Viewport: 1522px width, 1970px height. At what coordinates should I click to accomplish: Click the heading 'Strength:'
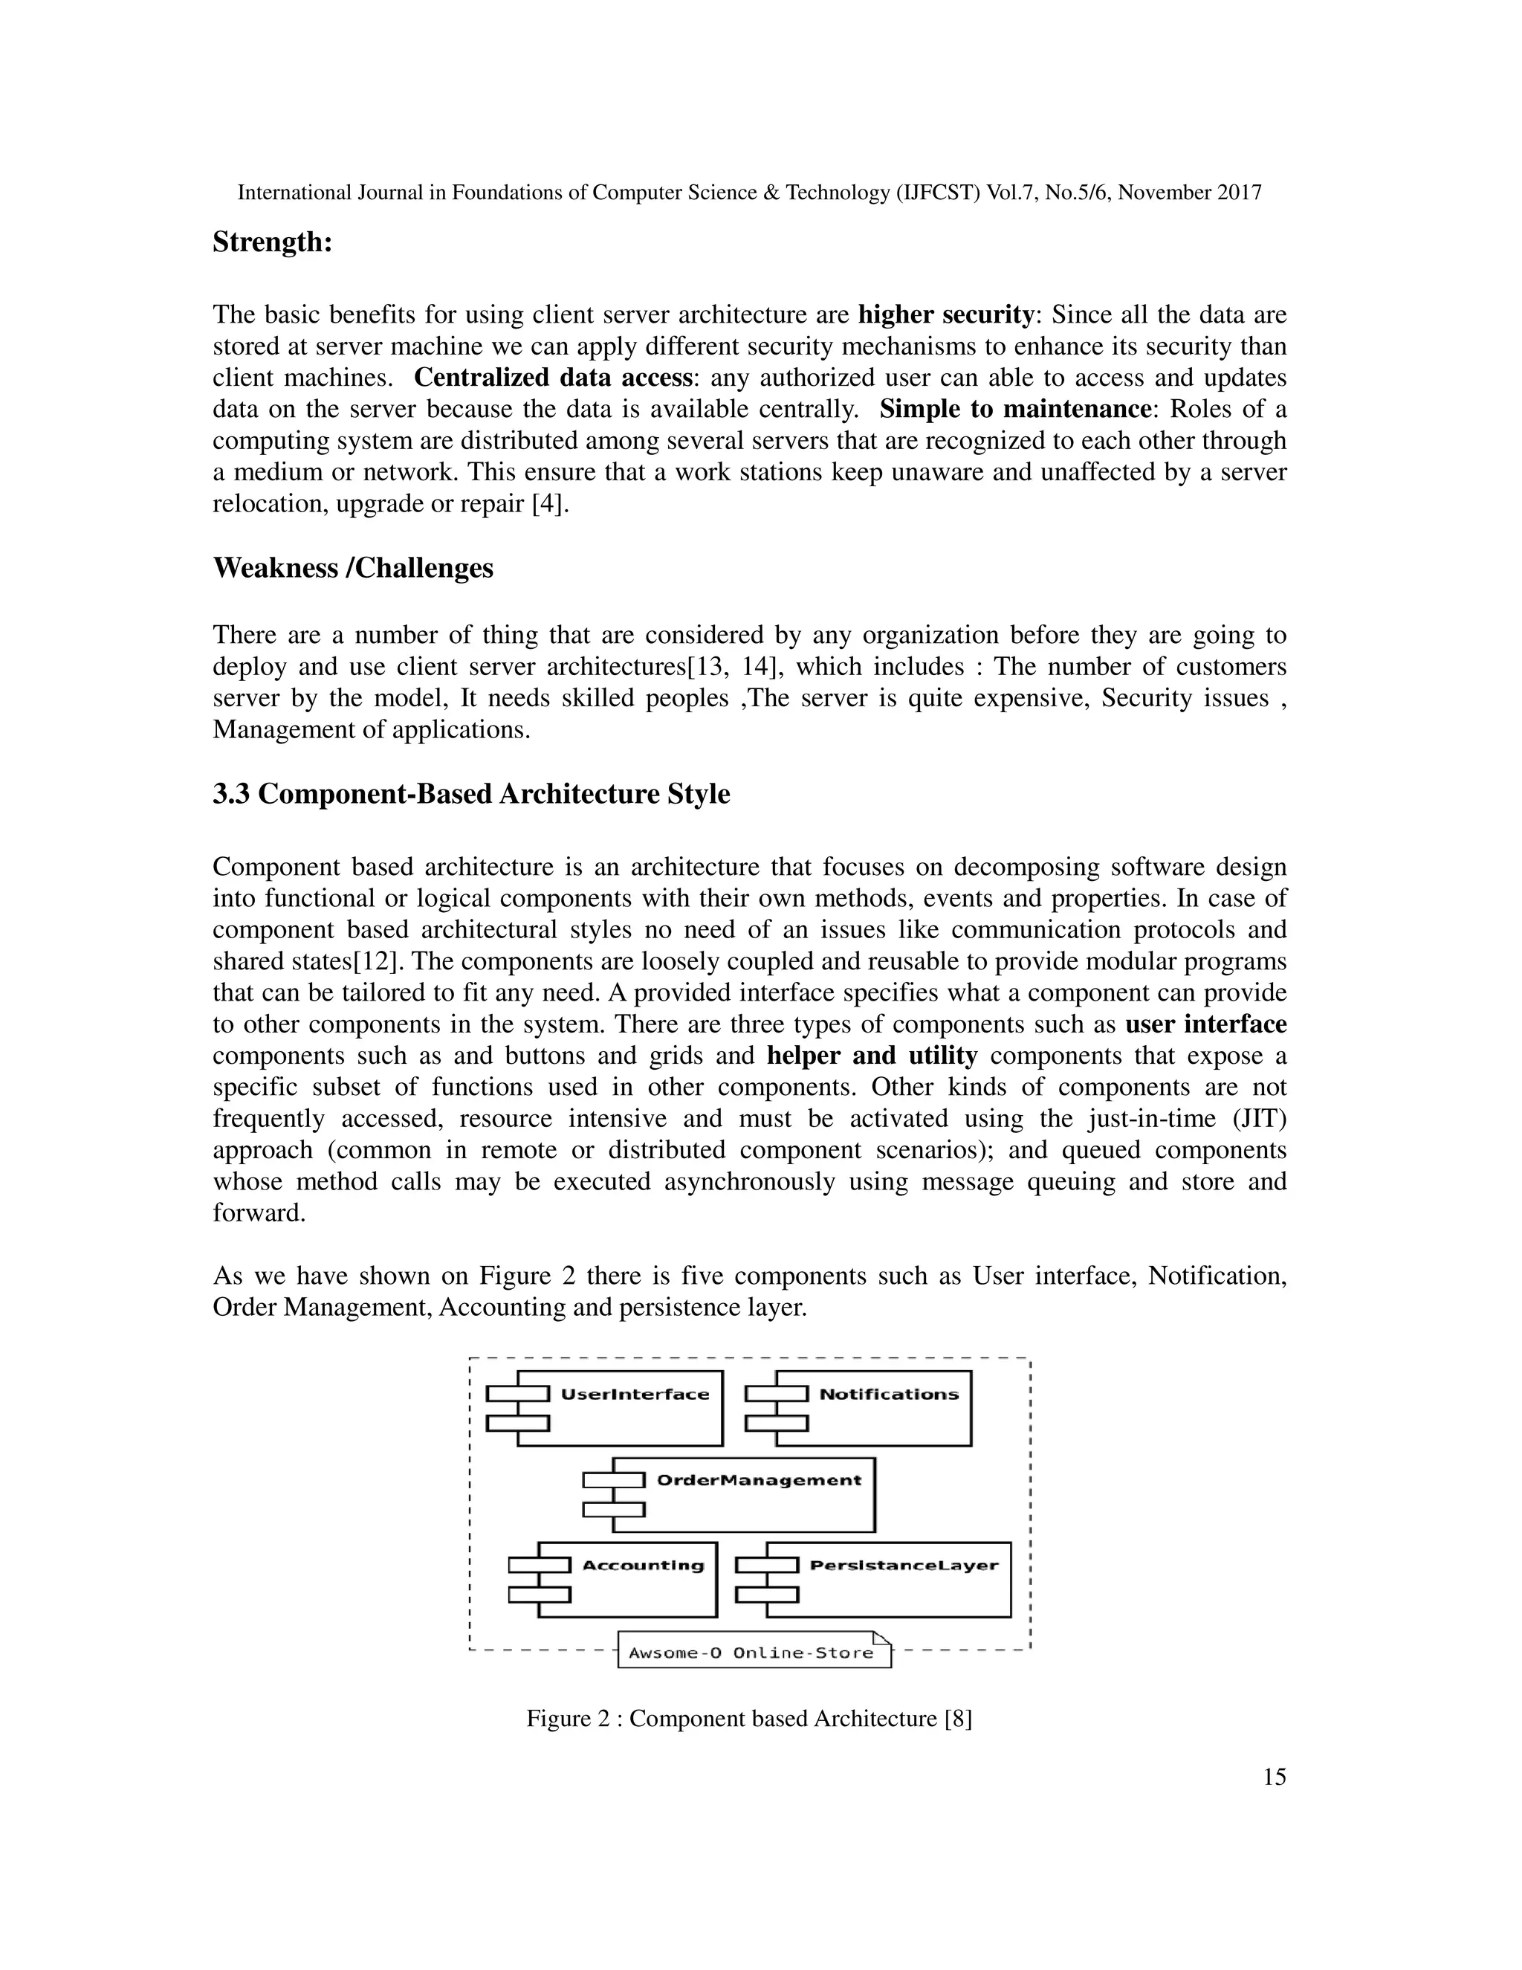click(272, 242)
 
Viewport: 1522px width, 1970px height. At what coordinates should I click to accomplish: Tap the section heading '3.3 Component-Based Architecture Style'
click(470, 795)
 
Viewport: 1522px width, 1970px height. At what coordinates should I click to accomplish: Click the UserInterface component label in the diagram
click(635, 1395)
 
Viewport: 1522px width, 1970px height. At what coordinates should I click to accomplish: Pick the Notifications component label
click(888, 1395)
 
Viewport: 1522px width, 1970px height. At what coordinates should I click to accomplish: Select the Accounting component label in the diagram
click(642, 1565)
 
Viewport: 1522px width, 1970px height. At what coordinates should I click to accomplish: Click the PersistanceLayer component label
click(904, 1565)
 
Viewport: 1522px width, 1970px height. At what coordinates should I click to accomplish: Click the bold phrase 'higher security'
click(945, 314)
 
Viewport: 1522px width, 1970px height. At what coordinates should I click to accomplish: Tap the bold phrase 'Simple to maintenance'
click(1015, 410)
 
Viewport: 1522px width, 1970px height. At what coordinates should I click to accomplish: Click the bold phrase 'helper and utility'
click(872, 1056)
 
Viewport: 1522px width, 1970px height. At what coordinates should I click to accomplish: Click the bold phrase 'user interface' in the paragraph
click(1205, 1024)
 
